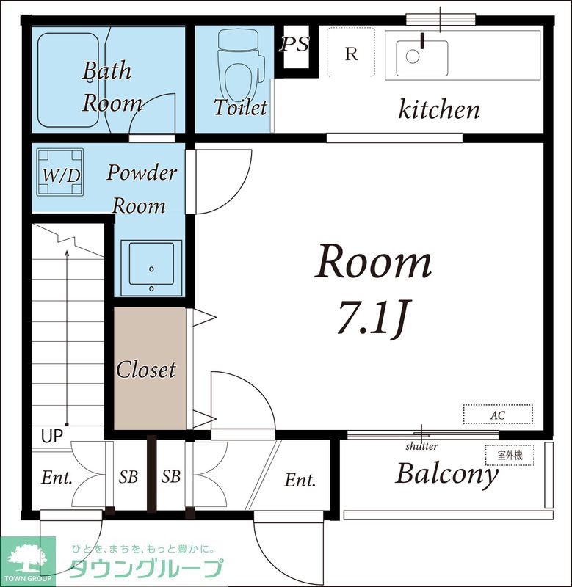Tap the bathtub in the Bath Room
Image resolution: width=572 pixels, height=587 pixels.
68,80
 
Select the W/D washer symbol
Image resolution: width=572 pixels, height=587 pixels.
60,172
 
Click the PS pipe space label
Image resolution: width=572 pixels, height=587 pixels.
294,44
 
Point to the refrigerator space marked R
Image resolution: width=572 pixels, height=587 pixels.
351,52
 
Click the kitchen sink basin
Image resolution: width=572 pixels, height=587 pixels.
421,59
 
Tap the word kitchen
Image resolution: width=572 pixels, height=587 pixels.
438,109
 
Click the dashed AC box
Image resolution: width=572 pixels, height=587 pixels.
498,414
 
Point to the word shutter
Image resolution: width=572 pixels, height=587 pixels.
421,446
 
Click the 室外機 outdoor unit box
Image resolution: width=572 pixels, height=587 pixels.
510,455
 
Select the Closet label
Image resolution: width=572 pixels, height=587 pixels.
145,370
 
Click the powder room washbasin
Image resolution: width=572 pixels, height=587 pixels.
151,268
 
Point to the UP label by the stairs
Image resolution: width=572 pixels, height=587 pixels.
51,436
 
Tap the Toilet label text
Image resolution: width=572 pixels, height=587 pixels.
241,107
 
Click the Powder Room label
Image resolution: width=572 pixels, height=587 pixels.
141,189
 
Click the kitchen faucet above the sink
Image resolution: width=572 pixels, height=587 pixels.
421,40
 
